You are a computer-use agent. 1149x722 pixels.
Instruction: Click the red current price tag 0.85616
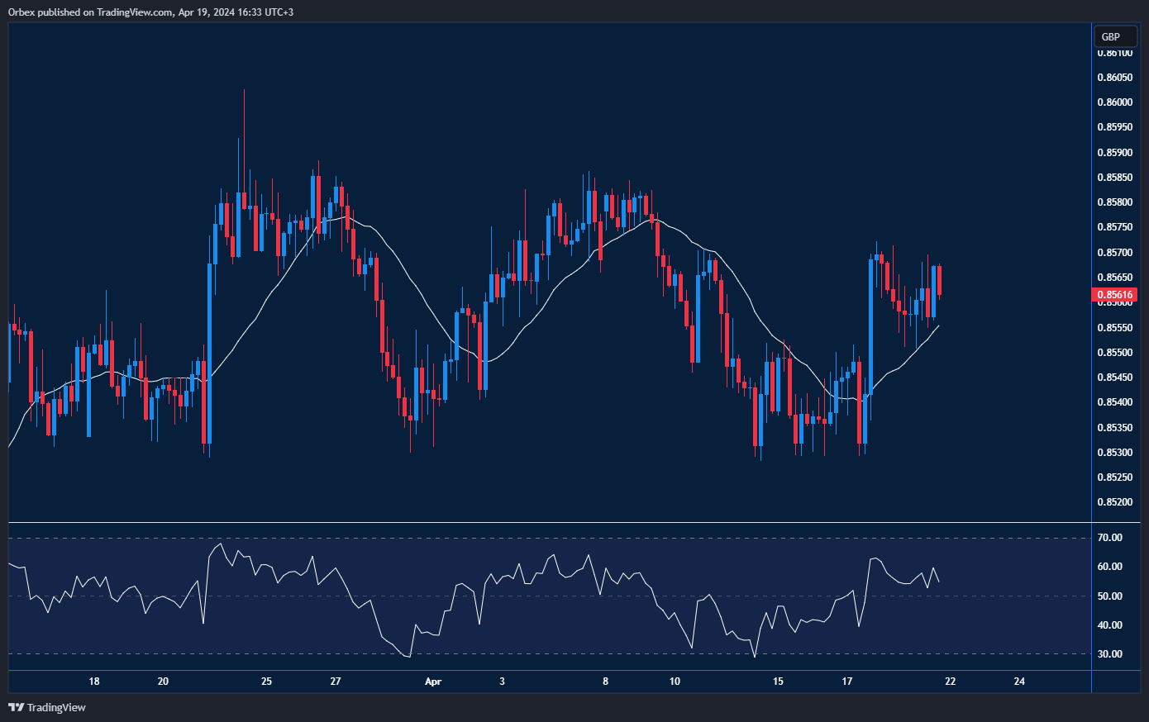[1115, 294]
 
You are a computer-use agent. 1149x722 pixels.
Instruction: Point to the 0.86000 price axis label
[1114, 102]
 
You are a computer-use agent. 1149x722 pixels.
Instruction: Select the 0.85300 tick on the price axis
[1114, 453]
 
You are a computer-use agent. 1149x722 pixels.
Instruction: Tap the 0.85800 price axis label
[1114, 202]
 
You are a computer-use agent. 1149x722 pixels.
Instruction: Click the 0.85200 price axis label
[1114, 502]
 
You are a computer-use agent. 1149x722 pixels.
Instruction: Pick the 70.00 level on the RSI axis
[1110, 538]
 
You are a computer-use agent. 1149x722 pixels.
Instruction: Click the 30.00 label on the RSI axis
[1110, 654]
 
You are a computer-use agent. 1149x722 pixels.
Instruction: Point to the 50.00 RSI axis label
[1110, 596]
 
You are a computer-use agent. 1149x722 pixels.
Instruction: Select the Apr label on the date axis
[432, 682]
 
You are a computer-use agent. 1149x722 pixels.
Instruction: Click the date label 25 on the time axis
[266, 682]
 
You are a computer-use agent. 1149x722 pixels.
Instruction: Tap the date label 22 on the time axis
[950, 682]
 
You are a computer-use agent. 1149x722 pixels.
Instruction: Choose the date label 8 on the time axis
[605, 682]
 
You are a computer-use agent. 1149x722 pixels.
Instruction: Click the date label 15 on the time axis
[778, 682]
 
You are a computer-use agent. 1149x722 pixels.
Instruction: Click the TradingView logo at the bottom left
[47, 707]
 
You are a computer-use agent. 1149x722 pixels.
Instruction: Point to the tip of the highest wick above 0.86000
[244, 90]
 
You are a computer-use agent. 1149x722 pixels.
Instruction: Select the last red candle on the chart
[940, 281]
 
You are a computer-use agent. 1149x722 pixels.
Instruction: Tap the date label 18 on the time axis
[94, 682]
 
